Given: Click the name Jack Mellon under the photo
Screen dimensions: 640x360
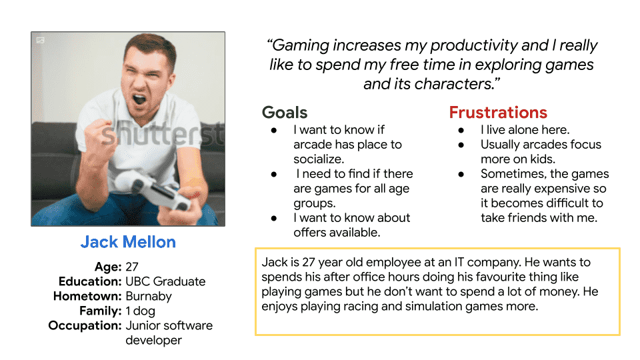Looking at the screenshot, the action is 128,242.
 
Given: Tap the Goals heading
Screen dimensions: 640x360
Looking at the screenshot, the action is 285,112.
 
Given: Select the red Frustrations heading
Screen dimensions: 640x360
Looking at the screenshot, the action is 498,112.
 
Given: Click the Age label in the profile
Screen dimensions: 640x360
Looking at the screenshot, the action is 108,267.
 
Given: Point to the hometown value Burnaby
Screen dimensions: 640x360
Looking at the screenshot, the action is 149,296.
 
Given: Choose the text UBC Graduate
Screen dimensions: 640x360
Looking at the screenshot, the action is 165,281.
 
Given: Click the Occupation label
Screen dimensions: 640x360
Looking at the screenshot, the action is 85,326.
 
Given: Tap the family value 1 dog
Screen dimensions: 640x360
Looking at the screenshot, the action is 141,311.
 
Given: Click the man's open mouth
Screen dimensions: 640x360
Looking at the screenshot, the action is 139,99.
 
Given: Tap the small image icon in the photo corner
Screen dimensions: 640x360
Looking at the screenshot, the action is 40,40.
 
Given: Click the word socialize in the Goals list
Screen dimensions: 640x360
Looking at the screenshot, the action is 319,159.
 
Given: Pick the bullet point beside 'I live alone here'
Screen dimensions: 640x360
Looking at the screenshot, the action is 461,130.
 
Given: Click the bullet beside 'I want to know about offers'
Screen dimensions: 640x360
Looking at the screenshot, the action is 274,219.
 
